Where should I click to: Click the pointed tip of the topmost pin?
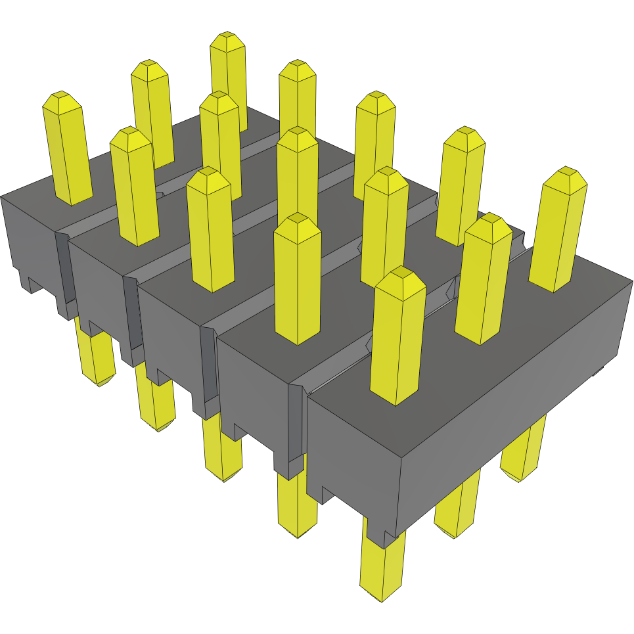227,34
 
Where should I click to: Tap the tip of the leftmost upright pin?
61,95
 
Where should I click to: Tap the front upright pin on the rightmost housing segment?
397,338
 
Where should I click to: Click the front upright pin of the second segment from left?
135,187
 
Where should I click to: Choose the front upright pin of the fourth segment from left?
297,279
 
